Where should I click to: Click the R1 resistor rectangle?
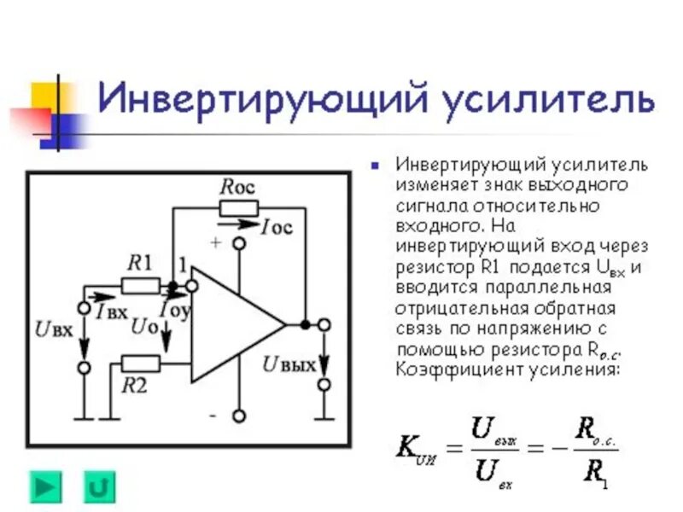[140, 286]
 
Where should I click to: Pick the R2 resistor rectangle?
[140, 363]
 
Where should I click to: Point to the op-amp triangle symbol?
[231, 324]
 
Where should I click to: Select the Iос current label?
[278, 227]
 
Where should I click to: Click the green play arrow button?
[46, 486]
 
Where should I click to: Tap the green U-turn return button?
[99, 486]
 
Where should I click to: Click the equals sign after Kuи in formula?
[454, 448]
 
